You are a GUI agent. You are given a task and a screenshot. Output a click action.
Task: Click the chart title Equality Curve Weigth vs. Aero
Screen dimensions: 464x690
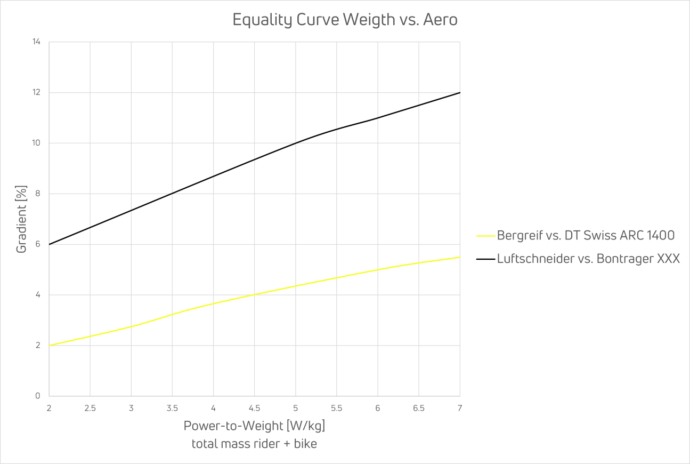coord(345,20)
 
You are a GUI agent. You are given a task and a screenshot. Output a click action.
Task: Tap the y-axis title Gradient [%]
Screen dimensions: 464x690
coord(21,219)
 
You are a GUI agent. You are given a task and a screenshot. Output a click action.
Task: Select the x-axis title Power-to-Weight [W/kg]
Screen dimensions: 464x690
coord(254,426)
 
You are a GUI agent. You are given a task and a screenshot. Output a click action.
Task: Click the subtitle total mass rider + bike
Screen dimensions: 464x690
coord(254,443)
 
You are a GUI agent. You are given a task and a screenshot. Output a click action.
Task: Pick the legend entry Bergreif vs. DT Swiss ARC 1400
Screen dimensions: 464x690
coord(586,235)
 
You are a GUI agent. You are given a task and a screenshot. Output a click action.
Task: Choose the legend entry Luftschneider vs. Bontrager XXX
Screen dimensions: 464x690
coord(588,259)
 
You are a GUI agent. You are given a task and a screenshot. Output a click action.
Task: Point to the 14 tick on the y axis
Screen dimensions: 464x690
coord(37,42)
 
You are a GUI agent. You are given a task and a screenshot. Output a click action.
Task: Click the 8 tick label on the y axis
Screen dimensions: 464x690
coord(38,194)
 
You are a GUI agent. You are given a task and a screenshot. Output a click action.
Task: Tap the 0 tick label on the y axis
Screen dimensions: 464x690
coord(38,396)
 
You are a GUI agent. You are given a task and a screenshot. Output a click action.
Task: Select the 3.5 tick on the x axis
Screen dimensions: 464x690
coord(172,408)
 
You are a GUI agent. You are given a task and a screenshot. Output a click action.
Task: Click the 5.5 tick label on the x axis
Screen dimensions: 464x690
coord(337,408)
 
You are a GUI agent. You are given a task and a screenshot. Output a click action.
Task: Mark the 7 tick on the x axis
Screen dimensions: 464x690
coord(460,408)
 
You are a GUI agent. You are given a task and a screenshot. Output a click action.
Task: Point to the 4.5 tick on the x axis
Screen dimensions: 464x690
coord(254,408)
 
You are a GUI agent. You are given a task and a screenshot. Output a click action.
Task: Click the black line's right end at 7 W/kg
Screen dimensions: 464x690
coord(460,93)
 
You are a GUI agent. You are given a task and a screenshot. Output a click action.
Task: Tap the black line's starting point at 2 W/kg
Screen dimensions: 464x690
coord(49,244)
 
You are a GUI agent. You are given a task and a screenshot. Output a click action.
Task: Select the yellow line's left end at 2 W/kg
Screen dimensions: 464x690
coord(49,346)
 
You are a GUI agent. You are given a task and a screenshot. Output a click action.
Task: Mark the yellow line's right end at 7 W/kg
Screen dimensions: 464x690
coord(460,257)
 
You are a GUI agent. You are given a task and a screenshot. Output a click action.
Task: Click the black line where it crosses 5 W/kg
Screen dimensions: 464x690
coord(296,143)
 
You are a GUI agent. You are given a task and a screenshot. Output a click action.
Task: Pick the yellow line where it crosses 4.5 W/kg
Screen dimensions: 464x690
coord(254,294)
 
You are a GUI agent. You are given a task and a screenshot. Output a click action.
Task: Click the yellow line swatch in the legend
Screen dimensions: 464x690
coord(485,235)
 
